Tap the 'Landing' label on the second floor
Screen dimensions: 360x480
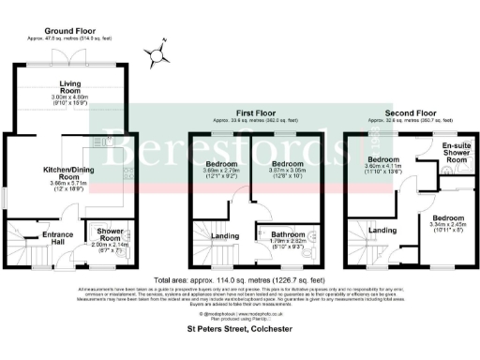(381, 229)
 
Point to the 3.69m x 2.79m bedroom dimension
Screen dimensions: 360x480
(222, 173)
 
